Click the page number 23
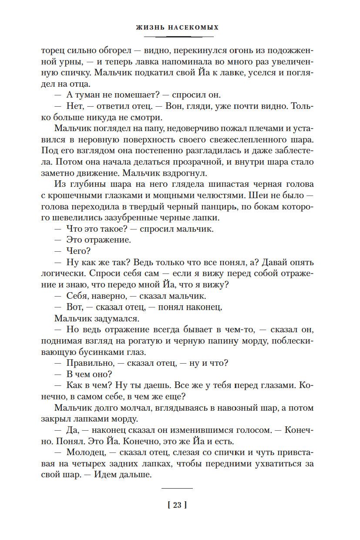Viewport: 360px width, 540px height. coord(177,505)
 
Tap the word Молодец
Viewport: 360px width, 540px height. coord(84,453)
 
